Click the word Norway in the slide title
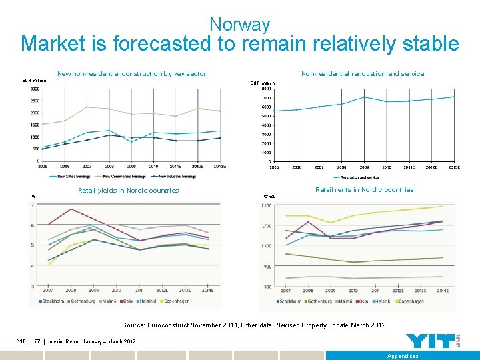[x=239, y=25]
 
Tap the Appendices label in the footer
[x=403, y=356]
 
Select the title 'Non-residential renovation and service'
[x=362, y=74]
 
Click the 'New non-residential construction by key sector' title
[x=131, y=74]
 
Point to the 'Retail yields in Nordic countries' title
[x=128, y=191]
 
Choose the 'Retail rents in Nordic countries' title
[x=364, y=190]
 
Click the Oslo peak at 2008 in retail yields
[x=71, y=209]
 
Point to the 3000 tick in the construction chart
[x=33, y=89]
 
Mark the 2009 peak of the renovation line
[x=364, y=97]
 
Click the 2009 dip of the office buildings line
[x=131, y=142]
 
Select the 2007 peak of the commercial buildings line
[x=87, y=107]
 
